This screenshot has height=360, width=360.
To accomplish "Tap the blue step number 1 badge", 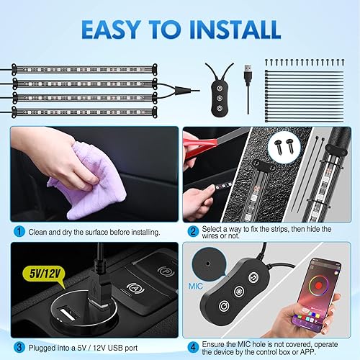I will pyautogui.click(x=17, y=233).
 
